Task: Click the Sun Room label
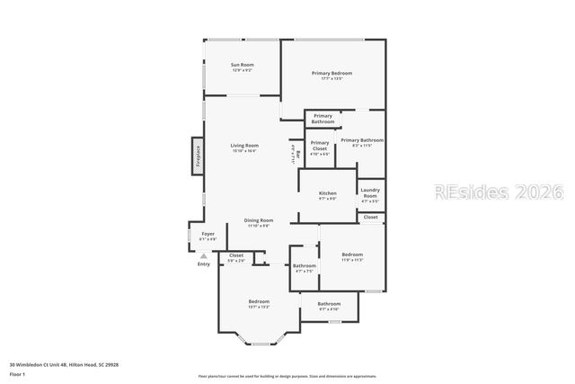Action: pos(243,64)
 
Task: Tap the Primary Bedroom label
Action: pos(332,73)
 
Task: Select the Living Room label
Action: pos(244,145)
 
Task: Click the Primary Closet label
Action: pos(320,144)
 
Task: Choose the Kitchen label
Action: pos(328,193)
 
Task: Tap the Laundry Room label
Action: pos(370,192)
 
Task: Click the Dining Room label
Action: pos(259,221)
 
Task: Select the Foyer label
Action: pos(208,235)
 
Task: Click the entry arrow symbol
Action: pos(204,255)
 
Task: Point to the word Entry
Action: pos(204,263)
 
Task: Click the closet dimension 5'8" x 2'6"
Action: pos(236,261)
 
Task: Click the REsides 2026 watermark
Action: pos(497,192)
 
